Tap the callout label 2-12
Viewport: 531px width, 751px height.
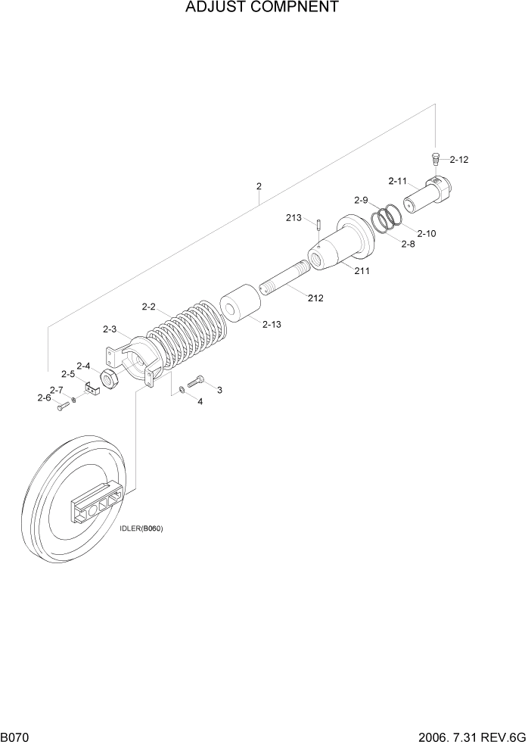point(459,160)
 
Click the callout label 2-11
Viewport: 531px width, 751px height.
point(398,181)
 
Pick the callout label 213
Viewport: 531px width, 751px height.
point(293,218)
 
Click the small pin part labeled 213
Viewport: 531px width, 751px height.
point(320,225)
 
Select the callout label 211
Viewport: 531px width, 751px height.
point(362,270)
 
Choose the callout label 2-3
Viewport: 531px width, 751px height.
point(110,329)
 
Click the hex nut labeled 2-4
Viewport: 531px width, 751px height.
point(108,379)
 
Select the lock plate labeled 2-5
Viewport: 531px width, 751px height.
point(92,389)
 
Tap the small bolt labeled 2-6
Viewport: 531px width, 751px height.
point(62,407)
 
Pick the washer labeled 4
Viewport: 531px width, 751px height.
point(182,391)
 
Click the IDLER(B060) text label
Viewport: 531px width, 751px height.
point(141,528)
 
